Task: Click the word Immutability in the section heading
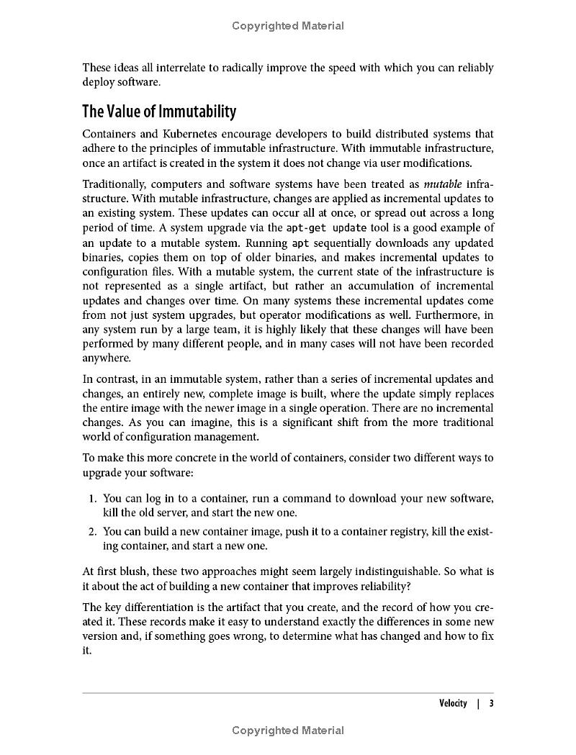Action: click(197, 112)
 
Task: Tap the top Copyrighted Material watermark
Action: click(288, 26)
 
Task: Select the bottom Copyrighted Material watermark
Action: click(288, 731)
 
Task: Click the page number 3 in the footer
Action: click(491, 703)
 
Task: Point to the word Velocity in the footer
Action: click(453, 703)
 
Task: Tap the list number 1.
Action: click(92, 498)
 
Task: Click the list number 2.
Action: click(92, 531)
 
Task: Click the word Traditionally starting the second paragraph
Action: click(114, 184)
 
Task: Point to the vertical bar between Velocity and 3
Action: click(477, 703)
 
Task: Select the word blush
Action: click(131, 571)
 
